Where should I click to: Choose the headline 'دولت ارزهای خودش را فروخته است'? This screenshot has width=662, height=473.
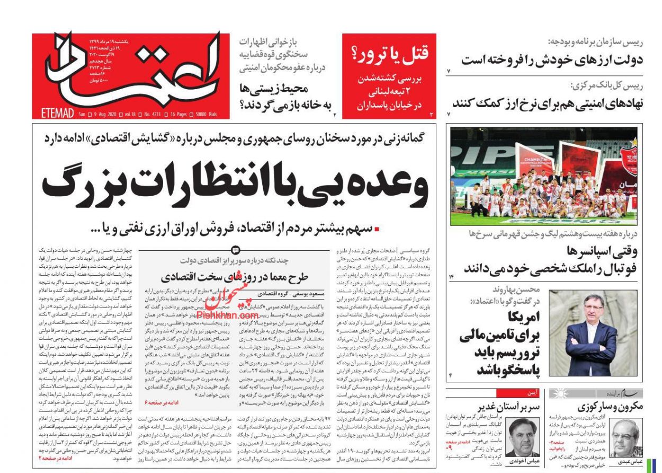point(551,59)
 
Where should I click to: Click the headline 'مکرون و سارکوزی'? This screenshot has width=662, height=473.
point(609,407)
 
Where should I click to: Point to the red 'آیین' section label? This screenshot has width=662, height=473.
point(533,393)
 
